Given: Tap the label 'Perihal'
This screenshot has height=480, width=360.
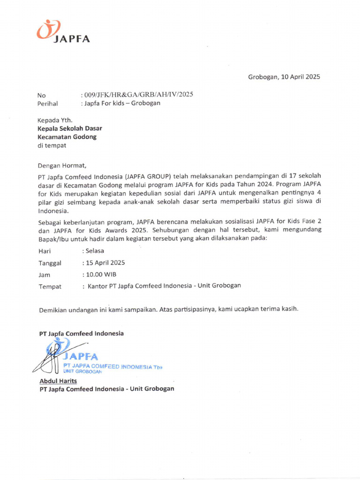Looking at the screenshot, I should point(48,104).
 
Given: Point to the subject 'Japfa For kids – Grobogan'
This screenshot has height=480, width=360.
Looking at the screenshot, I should point(122,103).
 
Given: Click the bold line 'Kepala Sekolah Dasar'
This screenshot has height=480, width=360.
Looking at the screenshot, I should point(70,128).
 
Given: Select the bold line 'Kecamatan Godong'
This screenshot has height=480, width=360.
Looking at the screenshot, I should point(67,137).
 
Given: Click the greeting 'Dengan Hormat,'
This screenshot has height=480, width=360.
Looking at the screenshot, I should point(62,165).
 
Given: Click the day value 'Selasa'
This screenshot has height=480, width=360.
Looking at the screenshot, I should point(94,251).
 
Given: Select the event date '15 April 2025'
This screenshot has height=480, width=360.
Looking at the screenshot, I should point(105,262).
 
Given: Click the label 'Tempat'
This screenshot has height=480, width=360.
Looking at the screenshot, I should point(50,286).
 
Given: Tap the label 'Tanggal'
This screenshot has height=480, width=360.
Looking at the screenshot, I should point(50,263).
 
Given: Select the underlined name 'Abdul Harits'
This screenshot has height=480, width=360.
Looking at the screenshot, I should point(58,381).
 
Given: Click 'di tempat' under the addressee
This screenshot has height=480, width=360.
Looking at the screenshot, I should point(52,145).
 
